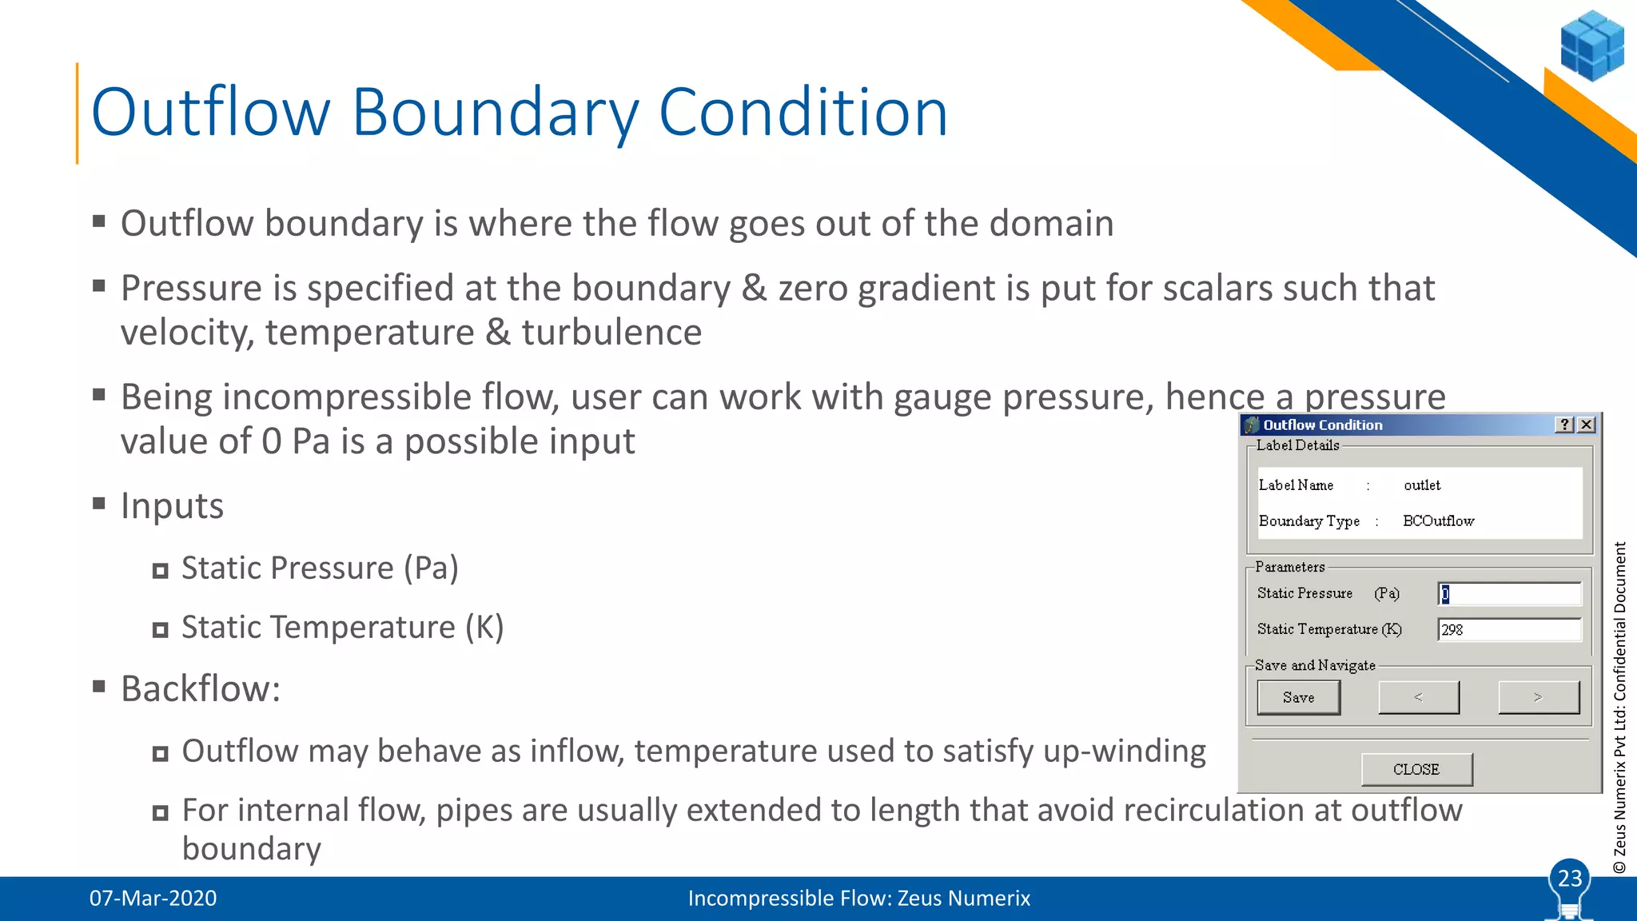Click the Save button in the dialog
pyautogui.click(x=1298, y=697)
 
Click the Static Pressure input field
pyautogui.click(x=1508, y=594)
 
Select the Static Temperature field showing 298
pyautogui.click(x=1508, y=630)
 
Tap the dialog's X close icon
pyautogui.click(x=1587, y=425)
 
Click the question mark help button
pyautogui.click(x=1565, y=425)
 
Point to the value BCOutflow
pyautogui.click(x=1438, y=521)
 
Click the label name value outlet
pyautogui.click(x=1422, y=485)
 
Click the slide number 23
pyautogui.click(x=1570, y=879)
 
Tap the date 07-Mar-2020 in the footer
pyautogui.click(x=153, y=899)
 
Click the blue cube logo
pyautogui.click(x=1591, y=46)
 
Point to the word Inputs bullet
pyautogui.click(x=172, y=506)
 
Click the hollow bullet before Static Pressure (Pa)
pyautogui.click(x=161, y=571)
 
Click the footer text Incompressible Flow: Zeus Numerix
pyautogui.click(x=858, y=899)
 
